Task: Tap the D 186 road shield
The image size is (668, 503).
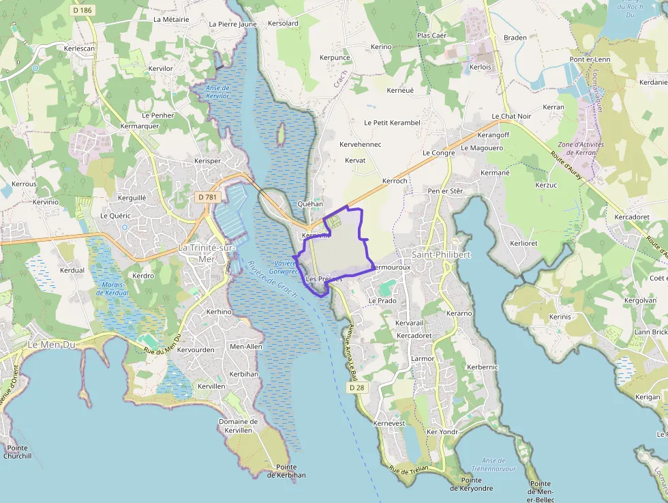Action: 82,10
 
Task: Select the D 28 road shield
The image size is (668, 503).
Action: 356,388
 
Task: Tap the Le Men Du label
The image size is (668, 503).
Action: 51,345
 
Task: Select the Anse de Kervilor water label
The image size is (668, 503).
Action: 217,91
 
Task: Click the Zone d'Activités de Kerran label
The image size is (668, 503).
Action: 577,148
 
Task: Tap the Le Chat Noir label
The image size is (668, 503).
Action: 511,117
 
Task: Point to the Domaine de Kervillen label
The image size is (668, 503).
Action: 238,426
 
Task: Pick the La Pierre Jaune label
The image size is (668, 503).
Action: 233,24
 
